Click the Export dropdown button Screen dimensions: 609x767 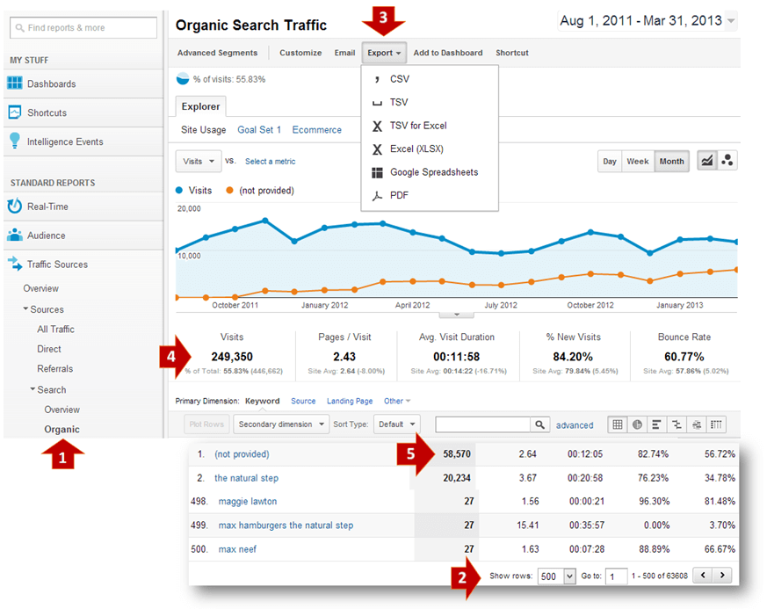pos(384,53)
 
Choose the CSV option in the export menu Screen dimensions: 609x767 pos(399,79)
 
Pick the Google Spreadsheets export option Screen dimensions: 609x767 pos(433,172)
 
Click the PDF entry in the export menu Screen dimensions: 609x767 pos(399,196)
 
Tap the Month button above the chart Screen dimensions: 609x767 pos(671,162)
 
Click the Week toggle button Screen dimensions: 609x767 pos(637,162)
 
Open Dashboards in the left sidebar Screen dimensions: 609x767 pos(51,84)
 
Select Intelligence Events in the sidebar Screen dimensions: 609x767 pos(65,142)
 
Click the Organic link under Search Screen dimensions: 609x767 pos(62,430)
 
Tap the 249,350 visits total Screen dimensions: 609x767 pos(232,357)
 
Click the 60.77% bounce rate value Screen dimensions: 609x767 pos(684,357)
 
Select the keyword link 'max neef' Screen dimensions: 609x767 pos(237,549)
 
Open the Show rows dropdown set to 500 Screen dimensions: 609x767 pos(556,576)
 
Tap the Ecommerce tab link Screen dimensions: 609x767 pos(316,130)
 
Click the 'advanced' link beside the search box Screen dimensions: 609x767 pos(575,425)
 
